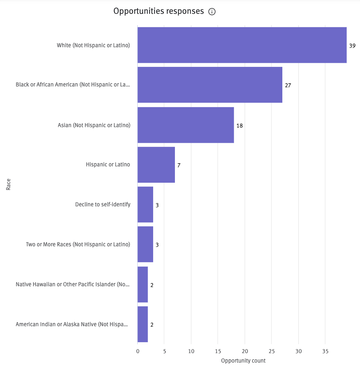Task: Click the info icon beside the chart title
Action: pos(212,12)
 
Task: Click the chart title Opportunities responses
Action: pos(159,11)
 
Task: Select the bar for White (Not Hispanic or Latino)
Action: pos(242,45)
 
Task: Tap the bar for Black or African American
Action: pos(210,85)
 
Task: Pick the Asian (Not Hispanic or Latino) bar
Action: pos(185,125)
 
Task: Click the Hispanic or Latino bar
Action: pos(156,165)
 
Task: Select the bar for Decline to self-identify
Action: pos(145,205)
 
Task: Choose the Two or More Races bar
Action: pos(145,244)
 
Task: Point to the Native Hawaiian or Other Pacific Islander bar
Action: pos(143,284)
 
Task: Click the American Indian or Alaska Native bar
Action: pos(143,324)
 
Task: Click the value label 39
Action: pos(352,46)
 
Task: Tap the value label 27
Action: pos(288,86)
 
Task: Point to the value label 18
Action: pos(240,126)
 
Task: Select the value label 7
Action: pos(179,165)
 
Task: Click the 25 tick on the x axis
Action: pos(271,351)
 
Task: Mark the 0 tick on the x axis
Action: pos(138,351)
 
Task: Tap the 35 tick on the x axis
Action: pos(325,351)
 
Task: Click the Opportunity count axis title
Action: pos(243,361)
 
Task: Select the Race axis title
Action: pos(8,184)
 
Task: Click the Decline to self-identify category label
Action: pos(103,205)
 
